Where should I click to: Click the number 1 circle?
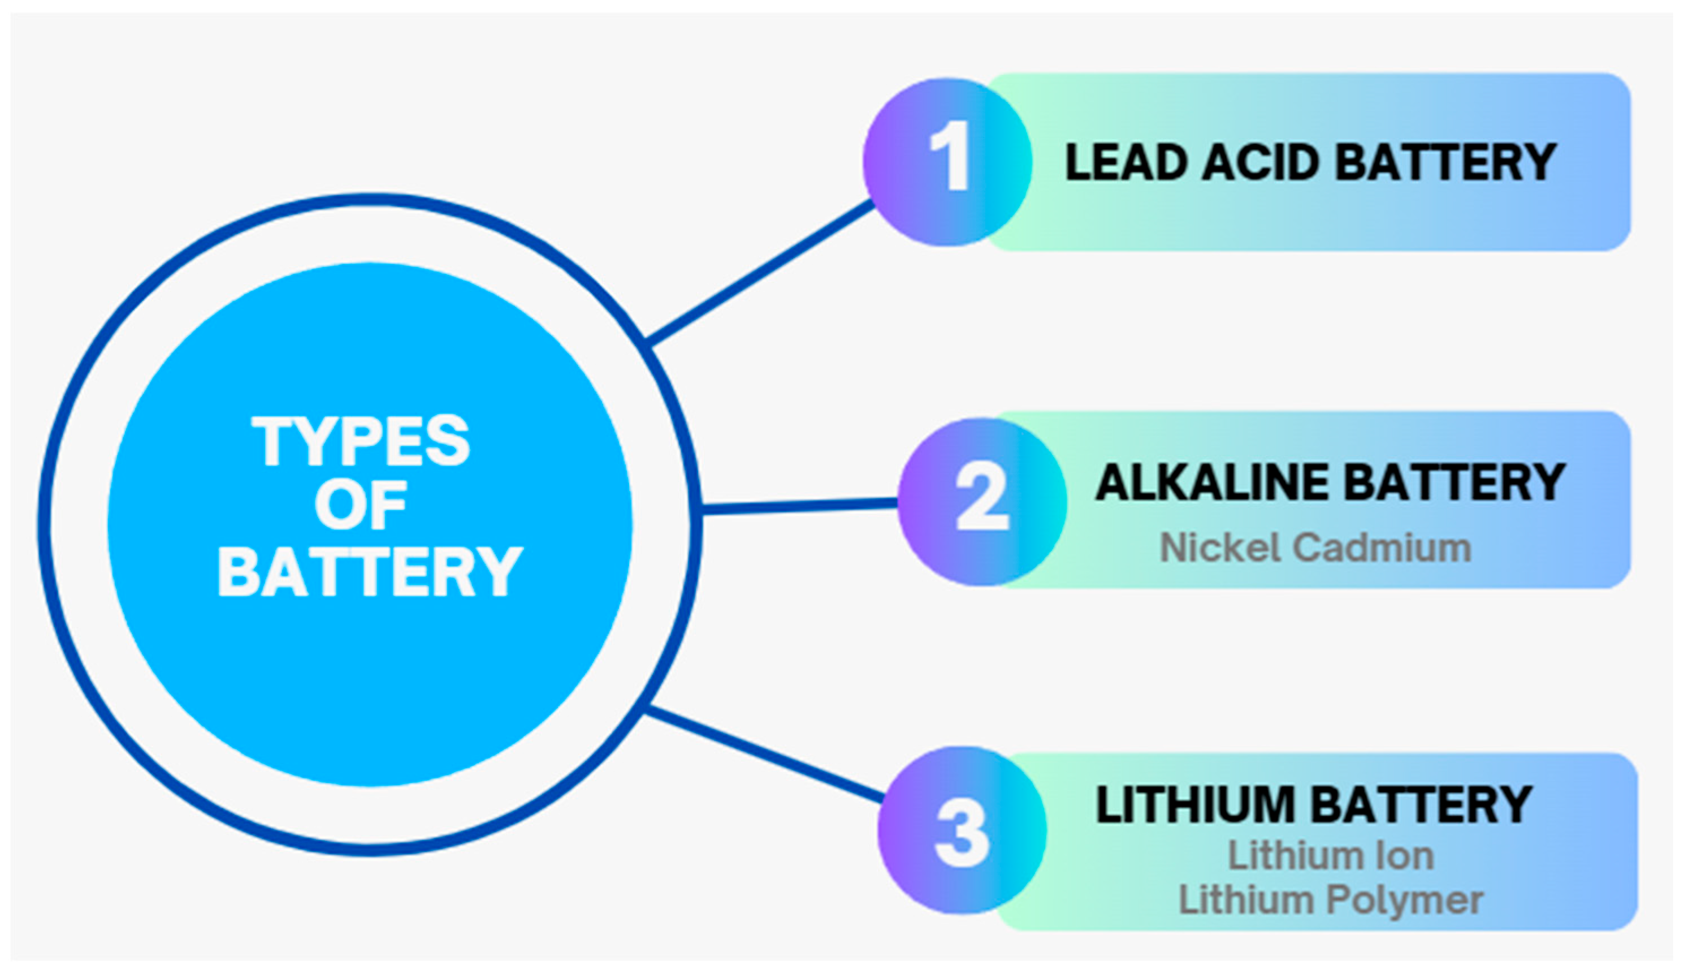947,162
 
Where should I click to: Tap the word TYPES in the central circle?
361,441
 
